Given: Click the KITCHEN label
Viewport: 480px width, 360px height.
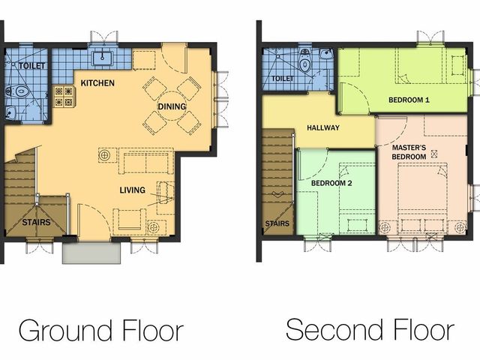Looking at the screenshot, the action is [x=97, y=83].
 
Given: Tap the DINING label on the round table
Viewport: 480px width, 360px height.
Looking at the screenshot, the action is [x=172, y=106].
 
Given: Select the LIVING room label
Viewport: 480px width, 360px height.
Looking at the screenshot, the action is [x=132, y=190].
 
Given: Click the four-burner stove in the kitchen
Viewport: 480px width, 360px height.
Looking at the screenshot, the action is [x=64, y=96].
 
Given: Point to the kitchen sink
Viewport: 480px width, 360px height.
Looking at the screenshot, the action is [x=102, y=58].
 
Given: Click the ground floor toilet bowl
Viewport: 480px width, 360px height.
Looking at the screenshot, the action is [x=18, y=91].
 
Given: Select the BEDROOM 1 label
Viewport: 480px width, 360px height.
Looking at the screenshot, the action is [x=409, y=100].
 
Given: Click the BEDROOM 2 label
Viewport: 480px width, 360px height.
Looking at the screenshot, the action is [x=331, y=183].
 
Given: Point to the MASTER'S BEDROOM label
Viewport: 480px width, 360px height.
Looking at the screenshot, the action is [x=409, y=152].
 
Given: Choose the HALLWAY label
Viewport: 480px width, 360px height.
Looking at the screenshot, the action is [x=323, y=127].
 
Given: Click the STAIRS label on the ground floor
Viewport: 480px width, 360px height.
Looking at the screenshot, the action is [x=36, y=222].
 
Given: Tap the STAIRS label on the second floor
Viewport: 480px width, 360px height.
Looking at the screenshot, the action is [x=277, y=223].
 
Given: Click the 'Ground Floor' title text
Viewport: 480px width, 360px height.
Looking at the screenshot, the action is [x=101, y=331].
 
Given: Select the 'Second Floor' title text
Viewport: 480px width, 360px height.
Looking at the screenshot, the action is [x=370, y=330].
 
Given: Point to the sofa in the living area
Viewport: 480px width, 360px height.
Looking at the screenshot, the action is [x=146, y=160].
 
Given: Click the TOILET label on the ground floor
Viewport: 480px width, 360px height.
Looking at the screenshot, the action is [x=31, y=66].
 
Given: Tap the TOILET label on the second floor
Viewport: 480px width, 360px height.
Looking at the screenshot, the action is [x=283, y=79].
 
